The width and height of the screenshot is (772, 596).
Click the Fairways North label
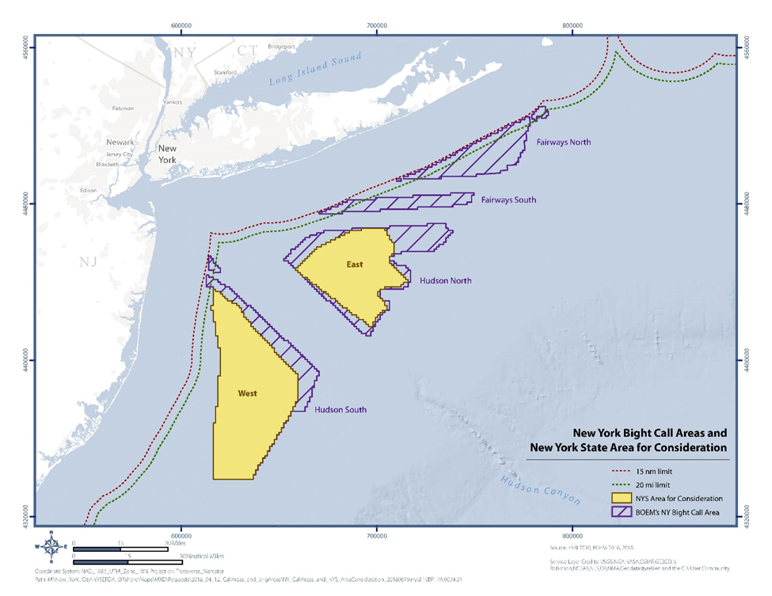click(x=563, y=142)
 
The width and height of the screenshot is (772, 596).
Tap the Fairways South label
click(x=508, y=200)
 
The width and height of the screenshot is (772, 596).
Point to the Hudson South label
click(x=340, y=410)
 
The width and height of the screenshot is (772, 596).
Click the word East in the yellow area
click(x=354, y=264)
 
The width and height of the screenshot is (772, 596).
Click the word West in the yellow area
click(x=248, y=393)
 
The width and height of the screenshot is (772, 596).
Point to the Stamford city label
click(x=225, y=73)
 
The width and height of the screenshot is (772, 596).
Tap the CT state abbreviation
click(x=247, y=51)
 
